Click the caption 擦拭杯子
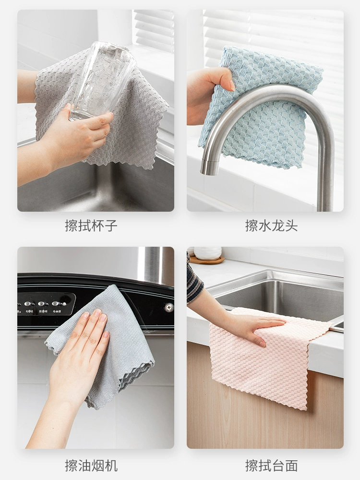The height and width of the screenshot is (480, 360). pyautogui.click(x=91, y=226)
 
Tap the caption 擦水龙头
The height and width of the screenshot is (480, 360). pyautogui.click(x=271, y=226)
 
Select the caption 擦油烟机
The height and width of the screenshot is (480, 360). pyautogui.click(x=91, y=466)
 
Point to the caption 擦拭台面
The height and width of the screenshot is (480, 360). pyautogui.click(x=271, y=466)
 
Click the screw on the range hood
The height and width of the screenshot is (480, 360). pyautogui.click(x=168, y=307)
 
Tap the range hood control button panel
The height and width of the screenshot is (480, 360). pyautogui.click(x=46, y=304)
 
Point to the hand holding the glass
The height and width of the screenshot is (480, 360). pyautogui.click(x=76, y=135)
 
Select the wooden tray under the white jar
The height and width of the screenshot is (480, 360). pyautogui.click(x=207, y=261)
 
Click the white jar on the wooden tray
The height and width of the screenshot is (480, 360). pyautogui.click(x=207, y=253)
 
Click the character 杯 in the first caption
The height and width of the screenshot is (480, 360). pyautogui.click(x=97, y=226)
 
